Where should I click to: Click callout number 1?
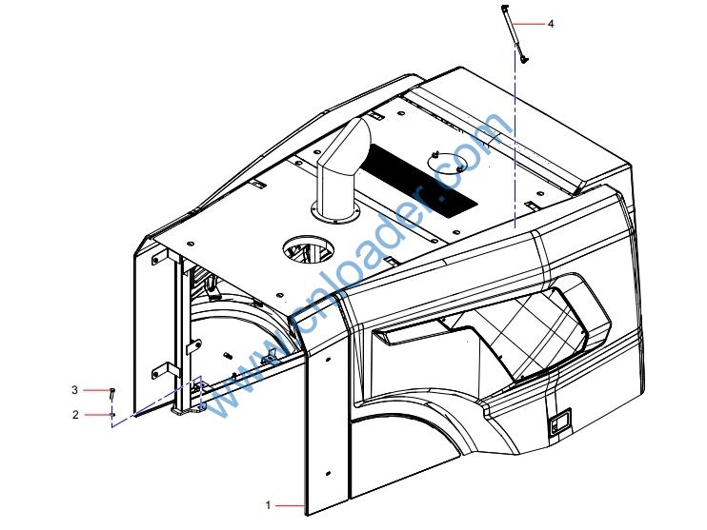269,505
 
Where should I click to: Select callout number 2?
75,414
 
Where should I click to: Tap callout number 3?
75,389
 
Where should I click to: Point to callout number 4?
551,24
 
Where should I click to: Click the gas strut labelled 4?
514,33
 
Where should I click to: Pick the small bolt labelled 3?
112,393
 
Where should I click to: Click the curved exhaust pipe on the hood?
343,167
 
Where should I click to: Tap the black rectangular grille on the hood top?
419,181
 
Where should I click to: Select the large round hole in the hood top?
309,250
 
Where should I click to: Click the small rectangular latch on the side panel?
560,422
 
